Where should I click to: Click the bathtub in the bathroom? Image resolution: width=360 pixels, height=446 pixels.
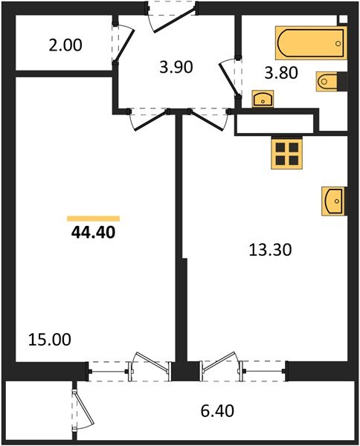pos(311,43)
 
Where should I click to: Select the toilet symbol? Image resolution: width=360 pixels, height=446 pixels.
pos(328,80)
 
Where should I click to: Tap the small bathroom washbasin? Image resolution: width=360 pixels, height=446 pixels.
pos(263,99)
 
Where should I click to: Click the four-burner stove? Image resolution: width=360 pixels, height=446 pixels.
pos(286,152)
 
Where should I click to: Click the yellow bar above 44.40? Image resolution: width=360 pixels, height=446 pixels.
pos(93,219)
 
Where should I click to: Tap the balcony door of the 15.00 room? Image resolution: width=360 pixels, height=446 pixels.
pos(152,368)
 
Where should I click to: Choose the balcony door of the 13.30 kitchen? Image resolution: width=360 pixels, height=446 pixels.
pos(219,368)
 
